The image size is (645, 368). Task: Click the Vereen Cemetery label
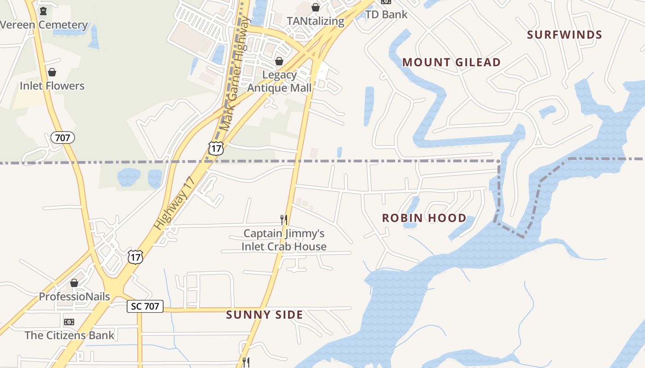click(44, 25)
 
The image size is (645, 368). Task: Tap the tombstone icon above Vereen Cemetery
click(43, 11)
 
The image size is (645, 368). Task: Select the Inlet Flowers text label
click(52, 86)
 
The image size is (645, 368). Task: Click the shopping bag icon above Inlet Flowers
click(52, 72)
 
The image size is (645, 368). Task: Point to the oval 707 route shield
click(62, 138)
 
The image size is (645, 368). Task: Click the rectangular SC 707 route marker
click(145, 306)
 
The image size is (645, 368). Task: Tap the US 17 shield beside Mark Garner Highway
click(216, 148)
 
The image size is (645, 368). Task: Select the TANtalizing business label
click(315, 21)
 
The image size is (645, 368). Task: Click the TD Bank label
click(386, 14)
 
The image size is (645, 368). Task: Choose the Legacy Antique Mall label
click(279, 81)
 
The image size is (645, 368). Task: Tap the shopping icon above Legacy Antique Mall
click(279, 61)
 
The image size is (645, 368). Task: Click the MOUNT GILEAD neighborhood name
click(451, 63)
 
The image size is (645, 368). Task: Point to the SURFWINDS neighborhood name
click(564, 35)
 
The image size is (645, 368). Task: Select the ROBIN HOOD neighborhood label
click(424, 218)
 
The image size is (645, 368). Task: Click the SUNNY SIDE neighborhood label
click(264, 315)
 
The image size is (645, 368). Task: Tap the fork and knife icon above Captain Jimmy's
click(284, 220)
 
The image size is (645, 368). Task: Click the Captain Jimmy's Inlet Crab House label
click(284, 240)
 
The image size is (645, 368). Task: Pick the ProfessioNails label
click(74, 297)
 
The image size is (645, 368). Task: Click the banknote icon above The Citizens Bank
click(69, 322)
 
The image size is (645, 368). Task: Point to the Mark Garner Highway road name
click(235, 74)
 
